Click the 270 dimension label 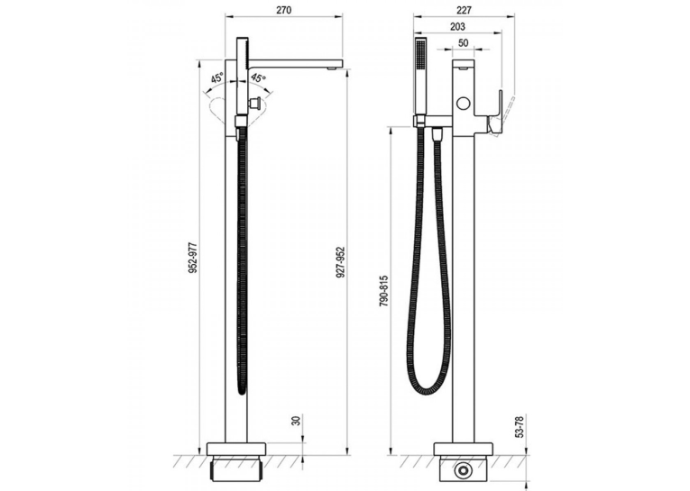click(284, 10)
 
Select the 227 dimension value click(464, 10)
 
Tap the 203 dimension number click(457, 27)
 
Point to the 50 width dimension click(464, 43)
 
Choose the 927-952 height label click(341, 262)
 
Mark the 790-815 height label click(383, 291)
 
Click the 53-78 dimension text click(520, 426)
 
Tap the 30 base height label click(297, 420)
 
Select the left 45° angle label click(216, 78)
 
